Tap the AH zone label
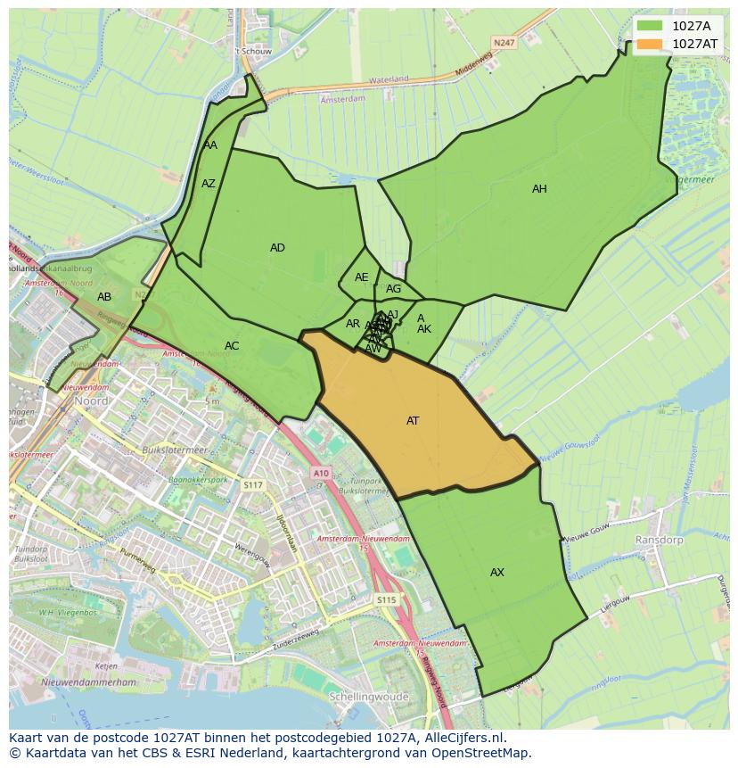coord(539,189)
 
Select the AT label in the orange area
coord(413,421)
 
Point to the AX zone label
coord(497,573)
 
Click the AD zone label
coord(277,248)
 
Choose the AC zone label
coord(232,346)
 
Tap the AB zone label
coord(104,297)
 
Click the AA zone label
coord(210,145)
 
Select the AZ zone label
coord(209,184)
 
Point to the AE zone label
coord(361,277)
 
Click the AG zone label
coord(393,289)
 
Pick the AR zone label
coord(353,324)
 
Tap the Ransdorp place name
coord(658,541)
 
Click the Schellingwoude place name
coord(368,696)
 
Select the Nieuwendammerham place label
coord(91,683)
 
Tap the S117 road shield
coord(253,485)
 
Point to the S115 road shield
coord(385,600)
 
